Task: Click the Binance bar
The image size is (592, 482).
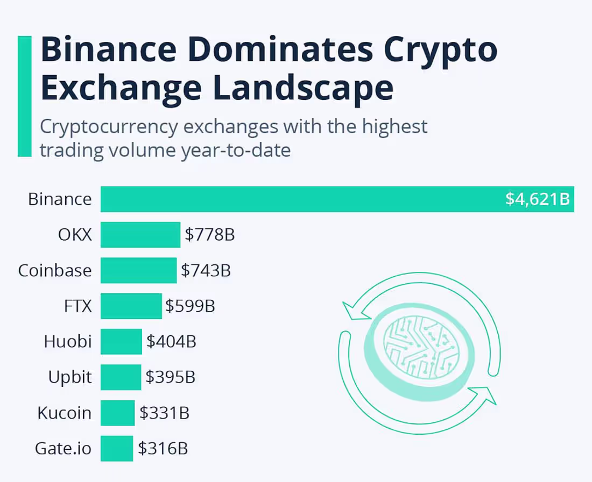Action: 301,199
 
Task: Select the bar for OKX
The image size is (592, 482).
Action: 140,235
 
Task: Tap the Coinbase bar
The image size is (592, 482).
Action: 138,270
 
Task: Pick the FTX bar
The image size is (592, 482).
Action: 131,306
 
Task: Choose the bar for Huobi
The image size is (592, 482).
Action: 121,341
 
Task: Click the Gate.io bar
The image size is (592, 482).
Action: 116,448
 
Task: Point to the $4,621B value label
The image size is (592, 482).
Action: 537,199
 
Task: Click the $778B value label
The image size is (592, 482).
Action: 210,235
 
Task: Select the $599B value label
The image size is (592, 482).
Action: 190,306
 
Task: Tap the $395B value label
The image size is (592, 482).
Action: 170,377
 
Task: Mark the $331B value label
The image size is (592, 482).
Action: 164,413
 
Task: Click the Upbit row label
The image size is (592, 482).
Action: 70,377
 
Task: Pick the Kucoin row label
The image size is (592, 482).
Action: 65,413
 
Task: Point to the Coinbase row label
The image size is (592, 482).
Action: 55,270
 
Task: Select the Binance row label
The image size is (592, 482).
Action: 60,199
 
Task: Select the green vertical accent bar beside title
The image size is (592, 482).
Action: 25,97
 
